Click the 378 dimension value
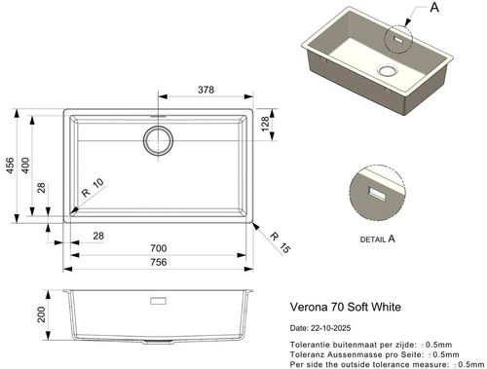[x=206, y=90]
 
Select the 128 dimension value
[x=265, y=124]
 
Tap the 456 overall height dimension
[x=10, y=166]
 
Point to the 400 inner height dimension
[x=25, y=166]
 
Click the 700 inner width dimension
[x=159, y=248]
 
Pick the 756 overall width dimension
[x=159, y=262]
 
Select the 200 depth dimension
[x=41, y=314]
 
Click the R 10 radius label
[x=93, y=188]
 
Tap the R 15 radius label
[x=280, y=242]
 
